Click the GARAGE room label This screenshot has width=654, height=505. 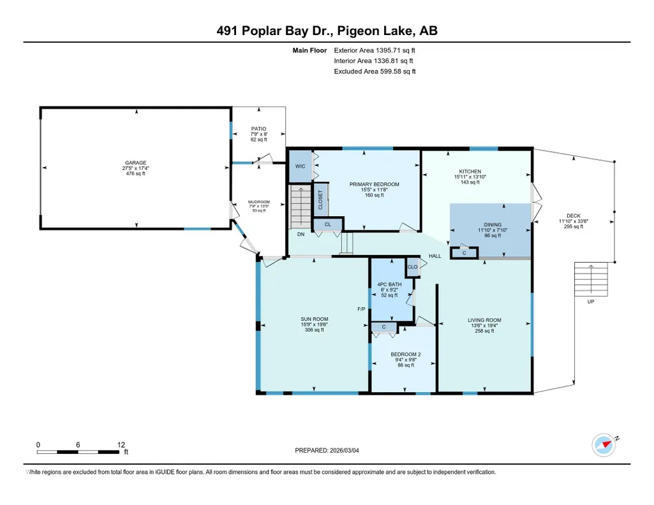tap(135, 163)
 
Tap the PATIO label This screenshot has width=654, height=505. tap(258, 129)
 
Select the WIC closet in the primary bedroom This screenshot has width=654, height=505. tap(301, 166)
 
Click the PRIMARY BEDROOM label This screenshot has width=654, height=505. tap(374, 184)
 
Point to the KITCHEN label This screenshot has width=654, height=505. tap(470, 172)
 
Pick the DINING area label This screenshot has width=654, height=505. tap(493, 224)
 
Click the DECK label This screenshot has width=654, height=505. tap(574, 216)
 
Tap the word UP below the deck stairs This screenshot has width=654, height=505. tap(591, 302)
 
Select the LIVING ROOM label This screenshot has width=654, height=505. tap(484, 320)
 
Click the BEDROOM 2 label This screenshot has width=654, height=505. tap(405, 355)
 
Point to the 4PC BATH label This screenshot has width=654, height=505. tap(389, 284)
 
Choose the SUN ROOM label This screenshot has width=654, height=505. tap(315, 319)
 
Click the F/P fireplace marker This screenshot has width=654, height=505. tap(361, 309)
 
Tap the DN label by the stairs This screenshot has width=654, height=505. tap(301, 234)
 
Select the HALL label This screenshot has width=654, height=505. tap(435, 256)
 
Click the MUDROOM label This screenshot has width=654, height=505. tap(258, 201)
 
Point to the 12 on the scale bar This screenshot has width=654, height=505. tap(121, 444)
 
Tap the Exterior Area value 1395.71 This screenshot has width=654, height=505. tap(389, 50)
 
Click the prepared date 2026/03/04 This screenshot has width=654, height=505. tap(344, 450)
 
